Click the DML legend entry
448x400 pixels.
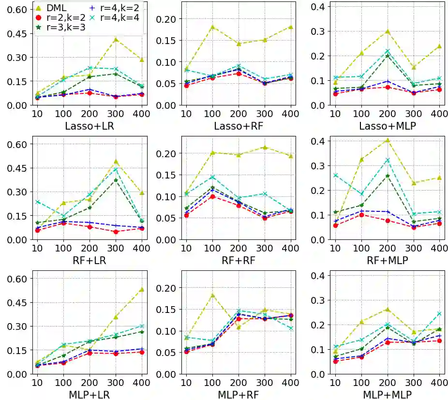point(58,8)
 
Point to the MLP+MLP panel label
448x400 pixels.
point(385,395)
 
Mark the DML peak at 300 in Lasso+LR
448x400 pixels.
point(116,40)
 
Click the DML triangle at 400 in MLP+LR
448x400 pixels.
point(142,289)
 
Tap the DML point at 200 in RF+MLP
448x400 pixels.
point(387,140)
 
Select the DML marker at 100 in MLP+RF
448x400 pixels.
point(212,295)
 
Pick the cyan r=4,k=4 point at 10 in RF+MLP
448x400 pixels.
point(335,175)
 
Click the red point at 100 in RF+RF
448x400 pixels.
point(212,196)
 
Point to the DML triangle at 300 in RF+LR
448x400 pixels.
point(116,162)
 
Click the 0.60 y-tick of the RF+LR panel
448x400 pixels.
point(18,144)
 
